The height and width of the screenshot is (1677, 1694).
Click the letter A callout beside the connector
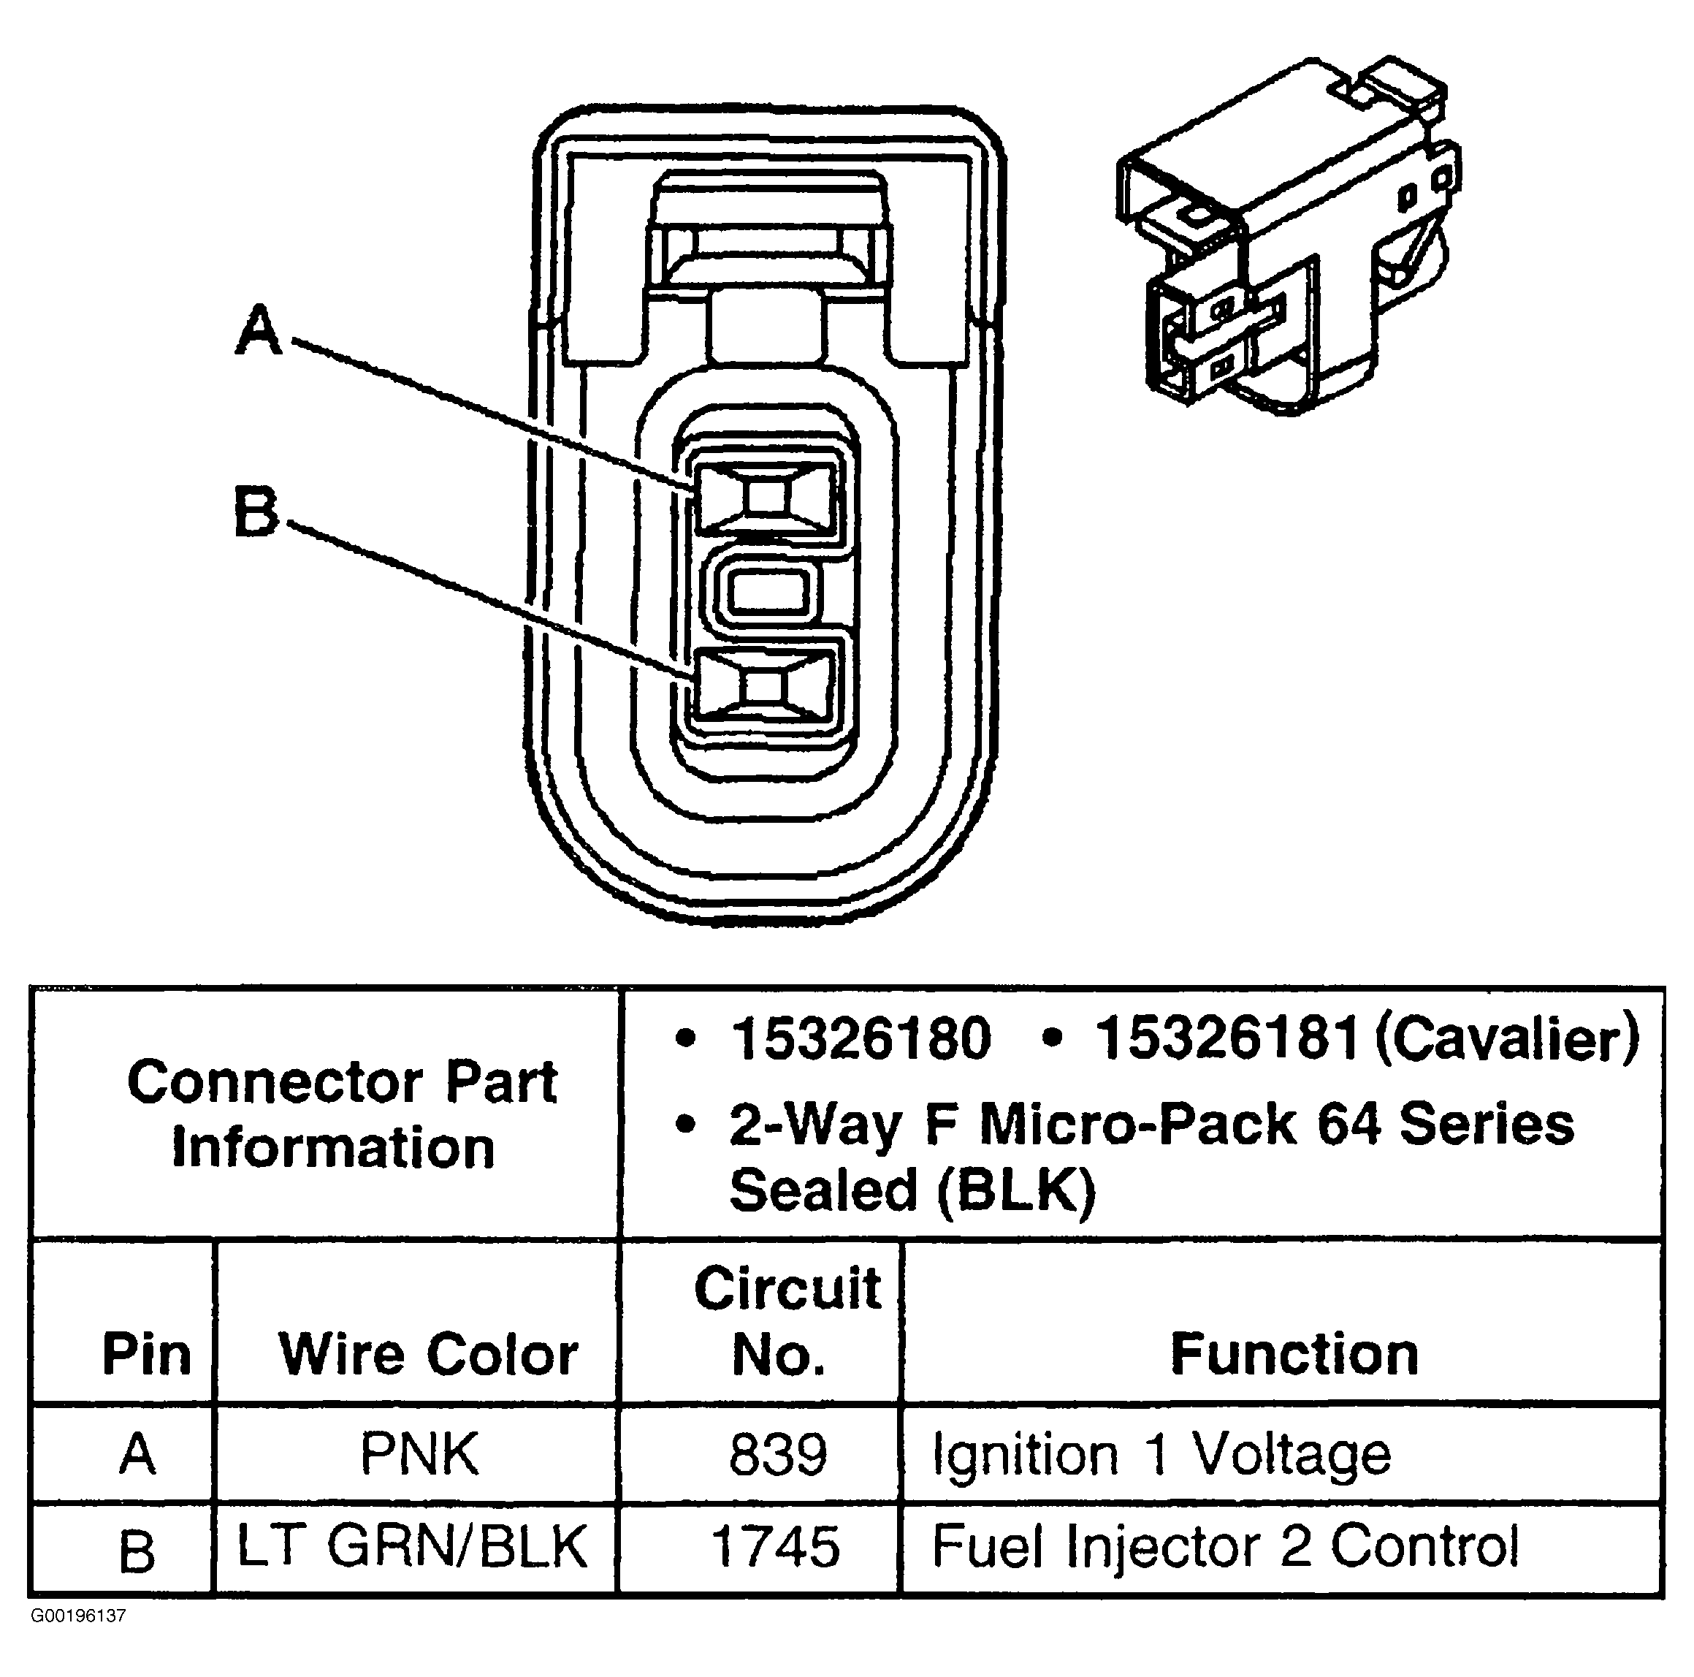(x=259, y=331)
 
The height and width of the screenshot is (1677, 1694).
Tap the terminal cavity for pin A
(x=766, y=498)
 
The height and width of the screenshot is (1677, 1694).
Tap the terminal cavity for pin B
(x=763, y=686)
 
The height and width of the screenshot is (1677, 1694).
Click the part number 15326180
(x=861, y=1038)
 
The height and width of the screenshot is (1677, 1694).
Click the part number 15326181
(x=1226, y=1038)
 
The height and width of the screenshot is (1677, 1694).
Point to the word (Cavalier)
(x=1506, y=1038)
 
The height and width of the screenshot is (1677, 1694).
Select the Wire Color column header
(x=429, y=1354)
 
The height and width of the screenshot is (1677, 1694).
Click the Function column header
(x=1294, y=1354)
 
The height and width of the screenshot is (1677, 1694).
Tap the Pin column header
(x=146, y=1354)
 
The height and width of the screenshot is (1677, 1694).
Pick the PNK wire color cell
(x=419, y=1453)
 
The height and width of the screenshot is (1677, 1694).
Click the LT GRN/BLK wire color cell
(x=412, y=1545)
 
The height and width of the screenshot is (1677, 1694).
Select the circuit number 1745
(x=776, y=1546)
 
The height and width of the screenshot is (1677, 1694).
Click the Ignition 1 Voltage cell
(x=1161, y=1454)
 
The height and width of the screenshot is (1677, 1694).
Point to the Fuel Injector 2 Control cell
(x=1224, y=1545)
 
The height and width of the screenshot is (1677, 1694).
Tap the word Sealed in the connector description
(x=822, y=1191)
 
